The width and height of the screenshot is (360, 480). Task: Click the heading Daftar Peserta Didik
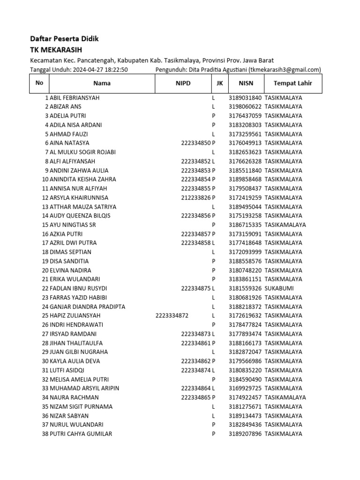[64, 39]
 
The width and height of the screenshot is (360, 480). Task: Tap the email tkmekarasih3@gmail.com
[285, 70]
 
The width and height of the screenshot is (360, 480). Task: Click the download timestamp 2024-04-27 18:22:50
[100, 70]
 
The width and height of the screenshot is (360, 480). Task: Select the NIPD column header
[183, 83]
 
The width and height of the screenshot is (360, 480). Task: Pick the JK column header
[220, 83]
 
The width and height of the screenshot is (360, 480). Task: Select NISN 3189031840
[245, 97]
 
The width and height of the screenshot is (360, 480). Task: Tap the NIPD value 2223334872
[172, 315]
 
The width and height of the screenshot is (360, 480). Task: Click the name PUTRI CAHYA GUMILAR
[81, 434]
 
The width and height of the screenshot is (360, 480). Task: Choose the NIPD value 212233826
[196, 197]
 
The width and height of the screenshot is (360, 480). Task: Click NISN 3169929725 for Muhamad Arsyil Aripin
[245, 388]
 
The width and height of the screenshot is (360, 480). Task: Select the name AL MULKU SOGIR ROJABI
[82, 152]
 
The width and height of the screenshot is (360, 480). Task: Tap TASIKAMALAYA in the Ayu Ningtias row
[285, 225]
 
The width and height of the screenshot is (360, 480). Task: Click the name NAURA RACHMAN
[74, 397]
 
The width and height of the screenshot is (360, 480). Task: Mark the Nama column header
[102, 83]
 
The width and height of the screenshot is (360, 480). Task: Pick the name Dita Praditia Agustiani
[217, 70]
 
